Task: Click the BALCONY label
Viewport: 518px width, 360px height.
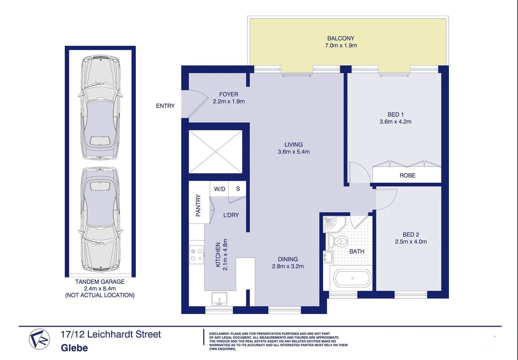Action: tap(340, 38)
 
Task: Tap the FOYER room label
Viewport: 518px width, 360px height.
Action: tap(229, 94)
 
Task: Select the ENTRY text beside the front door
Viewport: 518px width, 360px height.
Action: tap(165, 106)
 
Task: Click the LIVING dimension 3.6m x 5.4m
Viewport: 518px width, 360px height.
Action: tap(293, 152)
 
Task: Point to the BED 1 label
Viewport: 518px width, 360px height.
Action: tap(395, 115)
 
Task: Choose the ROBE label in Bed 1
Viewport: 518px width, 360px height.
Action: tap(407, 175)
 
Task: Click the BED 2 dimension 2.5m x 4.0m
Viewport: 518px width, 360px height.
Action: tap(411, 242)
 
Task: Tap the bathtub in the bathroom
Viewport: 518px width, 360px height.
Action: tap(352, 278)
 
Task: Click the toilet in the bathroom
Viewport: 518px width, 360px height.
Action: tap(338, 241)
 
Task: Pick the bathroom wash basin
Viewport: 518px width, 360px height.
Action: tap(328, 257)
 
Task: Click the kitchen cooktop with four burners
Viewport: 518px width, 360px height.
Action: tap(197, 255)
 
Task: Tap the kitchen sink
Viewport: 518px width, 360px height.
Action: tap(219, 298)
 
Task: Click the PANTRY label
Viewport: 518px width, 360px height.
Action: tap(198, 206)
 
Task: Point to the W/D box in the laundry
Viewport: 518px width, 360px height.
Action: tap(220, 189)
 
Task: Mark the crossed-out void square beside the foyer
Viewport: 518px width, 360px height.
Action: tap(216, 152)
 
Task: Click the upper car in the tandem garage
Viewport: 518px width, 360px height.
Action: tap(100, 108)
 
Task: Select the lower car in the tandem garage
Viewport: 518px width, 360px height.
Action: tap(100, 219)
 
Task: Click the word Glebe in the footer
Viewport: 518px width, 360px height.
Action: tap(74, 348)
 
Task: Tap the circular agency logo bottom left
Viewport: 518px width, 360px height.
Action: tap(39, 339)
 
